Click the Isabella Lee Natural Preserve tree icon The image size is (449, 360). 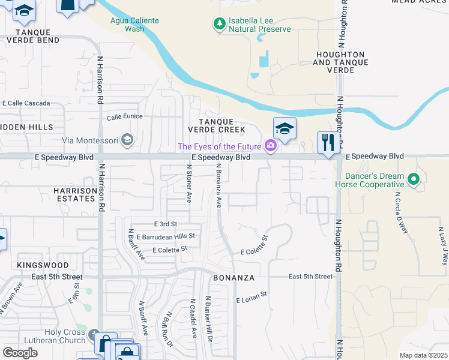pos(220,24)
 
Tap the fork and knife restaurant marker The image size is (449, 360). pos(328,143)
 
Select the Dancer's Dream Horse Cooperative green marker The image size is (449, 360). pos(413,179)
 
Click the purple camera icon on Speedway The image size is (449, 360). pos(271,146)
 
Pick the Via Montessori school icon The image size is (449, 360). pos(127,140)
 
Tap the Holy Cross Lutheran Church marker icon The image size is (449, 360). pos(93,334)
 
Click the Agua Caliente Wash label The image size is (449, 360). pos(134,25)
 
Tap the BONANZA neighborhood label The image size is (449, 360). pos(234,278)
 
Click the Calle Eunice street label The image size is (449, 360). pos(124,118)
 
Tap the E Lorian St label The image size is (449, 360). pos(251,299)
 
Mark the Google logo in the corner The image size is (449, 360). pos(20,353)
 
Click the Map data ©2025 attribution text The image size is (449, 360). pos(423,355)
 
